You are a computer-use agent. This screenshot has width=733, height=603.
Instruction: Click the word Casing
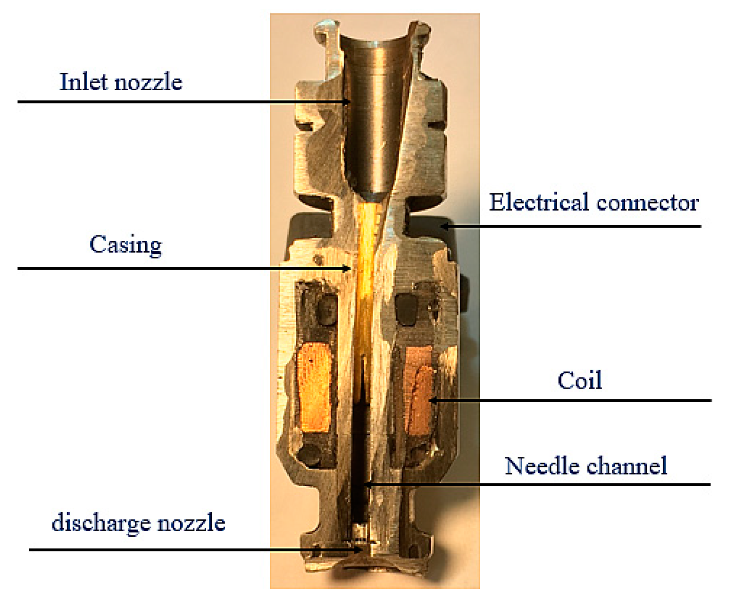[x=126, y=245]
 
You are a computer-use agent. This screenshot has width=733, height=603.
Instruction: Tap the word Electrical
[x=539, y=202]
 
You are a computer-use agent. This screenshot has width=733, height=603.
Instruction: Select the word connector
[x=647, y=203]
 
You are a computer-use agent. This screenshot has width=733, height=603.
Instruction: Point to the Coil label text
[x=579, y=380]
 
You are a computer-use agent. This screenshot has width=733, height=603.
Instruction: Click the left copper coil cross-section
[x=314, y=386]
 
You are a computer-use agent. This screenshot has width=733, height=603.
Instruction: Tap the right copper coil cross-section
[x=420, y=391]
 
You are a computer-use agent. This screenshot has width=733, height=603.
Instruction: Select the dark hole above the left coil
[x=324, y=311]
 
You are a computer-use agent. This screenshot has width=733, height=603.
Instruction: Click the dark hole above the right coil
[x=408, y=310]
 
